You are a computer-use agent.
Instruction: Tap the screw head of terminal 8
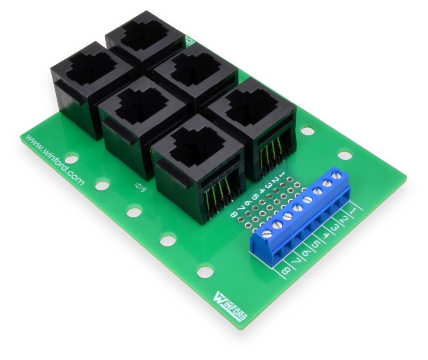point(267,233)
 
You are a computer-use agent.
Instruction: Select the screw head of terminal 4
point(308,199)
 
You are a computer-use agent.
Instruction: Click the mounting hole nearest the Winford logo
point(205,272)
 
